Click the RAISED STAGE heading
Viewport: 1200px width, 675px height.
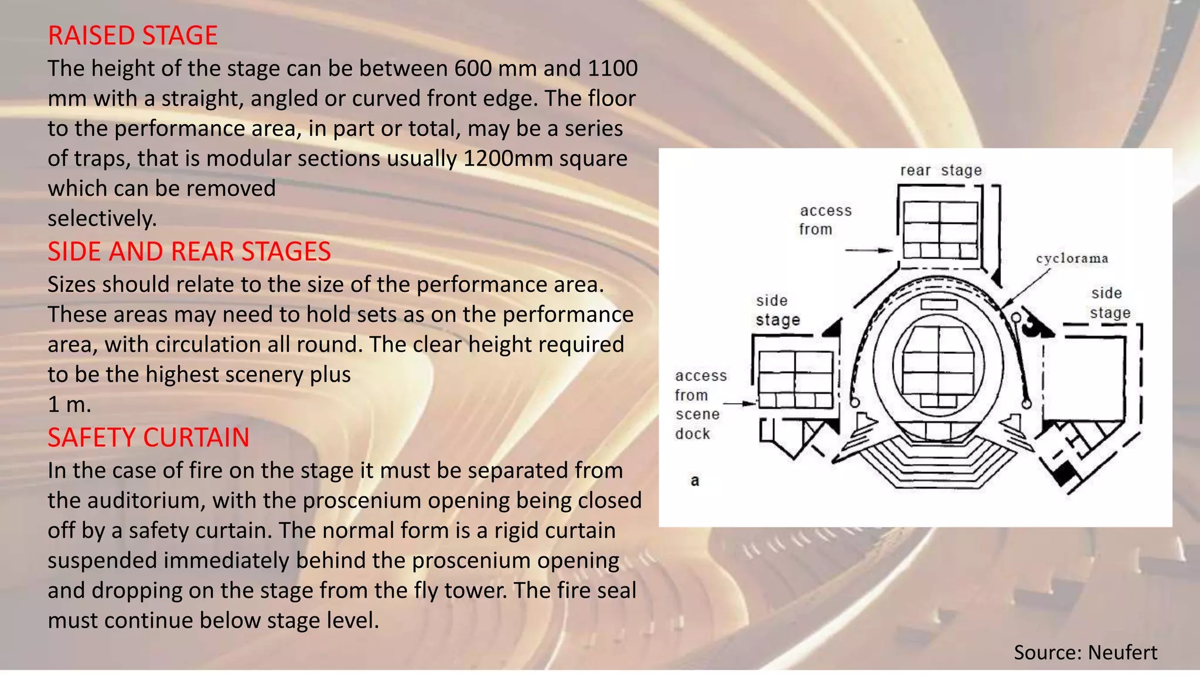point(132,36)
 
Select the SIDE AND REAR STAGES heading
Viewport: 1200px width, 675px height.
point(189,251)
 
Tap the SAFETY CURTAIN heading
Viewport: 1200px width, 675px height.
point(148,438)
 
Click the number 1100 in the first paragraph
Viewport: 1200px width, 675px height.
point(612,69)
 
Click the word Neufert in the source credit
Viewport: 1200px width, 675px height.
point(1122,652)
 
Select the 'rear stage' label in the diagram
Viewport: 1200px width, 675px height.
point(940,171)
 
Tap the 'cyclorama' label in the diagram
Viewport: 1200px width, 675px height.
point(1072,258)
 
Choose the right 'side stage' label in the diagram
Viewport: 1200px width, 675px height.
point(1109,303)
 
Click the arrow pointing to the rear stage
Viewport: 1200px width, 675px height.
point(869,250)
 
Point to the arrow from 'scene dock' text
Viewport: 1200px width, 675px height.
point(740,403)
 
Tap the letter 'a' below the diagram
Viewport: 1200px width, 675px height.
point(695,481)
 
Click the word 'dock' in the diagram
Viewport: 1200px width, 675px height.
point(692,434)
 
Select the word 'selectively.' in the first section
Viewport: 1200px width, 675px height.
point(102,219)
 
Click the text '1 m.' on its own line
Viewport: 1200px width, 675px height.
point(69,404)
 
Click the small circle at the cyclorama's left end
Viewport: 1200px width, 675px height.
point(854,403)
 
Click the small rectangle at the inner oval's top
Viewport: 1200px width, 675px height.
point(939,305)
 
